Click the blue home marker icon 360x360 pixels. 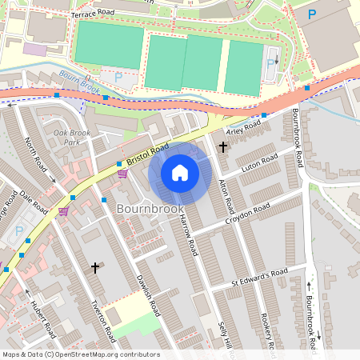pyautogui.click(x=180, y=173)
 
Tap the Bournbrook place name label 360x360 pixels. pyautogui.click(x=150, y=208)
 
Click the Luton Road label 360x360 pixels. pyautogui.click(x=260, y=161)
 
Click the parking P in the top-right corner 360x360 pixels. pyautogui.click(x=312, y=14)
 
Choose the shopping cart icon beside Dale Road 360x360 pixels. pyautogui.click(x=62, y=212)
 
